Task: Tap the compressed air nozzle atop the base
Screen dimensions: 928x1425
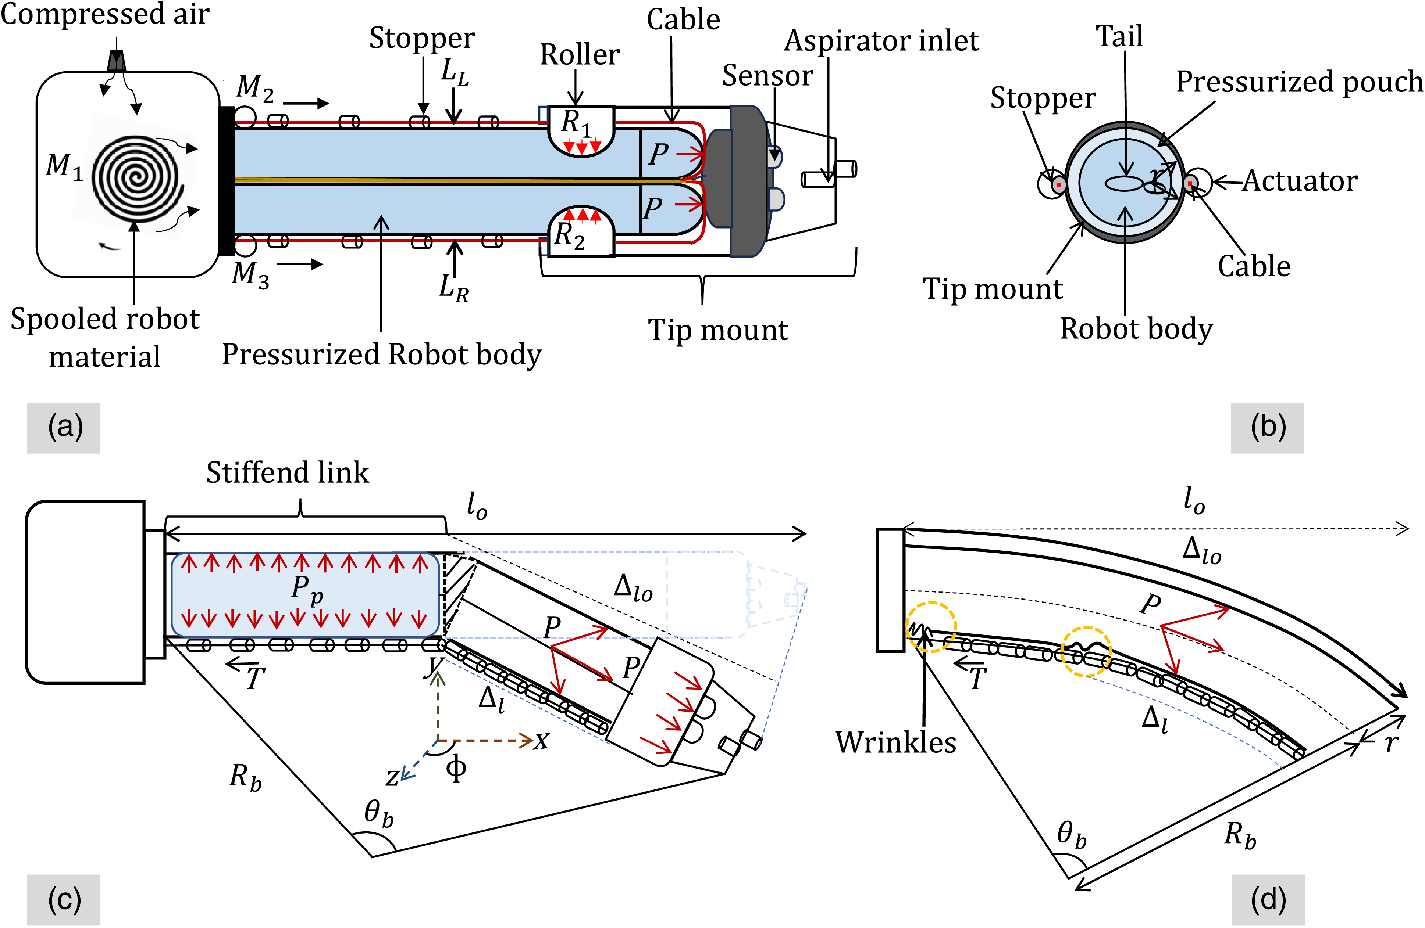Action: (116, 61)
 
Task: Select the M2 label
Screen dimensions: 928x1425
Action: (255, 88)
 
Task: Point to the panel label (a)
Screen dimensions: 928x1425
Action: (64, 427)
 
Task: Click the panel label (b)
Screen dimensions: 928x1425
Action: (1268, 427)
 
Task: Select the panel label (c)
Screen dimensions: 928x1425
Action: (64, 899)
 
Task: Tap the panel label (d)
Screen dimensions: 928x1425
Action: (1268, 899)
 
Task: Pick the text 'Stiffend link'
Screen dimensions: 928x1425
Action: (288, 473)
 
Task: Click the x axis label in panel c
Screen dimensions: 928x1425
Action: (541, 741)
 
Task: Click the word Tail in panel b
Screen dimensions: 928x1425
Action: (1119, 36)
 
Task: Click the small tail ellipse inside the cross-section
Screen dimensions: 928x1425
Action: (1124, 183)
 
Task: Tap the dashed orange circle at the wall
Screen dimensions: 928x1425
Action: (931, 626)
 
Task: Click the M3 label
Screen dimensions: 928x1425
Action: (250, 275)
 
